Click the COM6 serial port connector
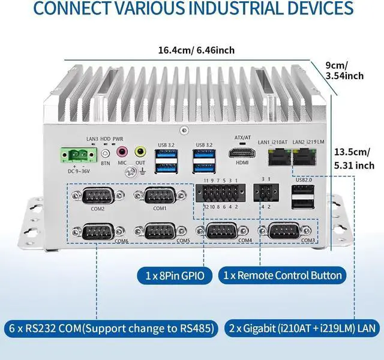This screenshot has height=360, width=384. [x=98, y=231]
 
